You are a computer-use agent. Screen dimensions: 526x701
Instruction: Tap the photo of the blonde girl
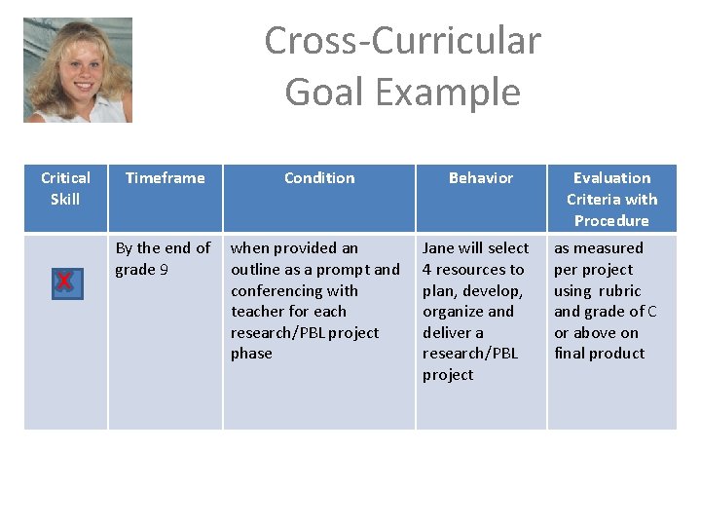(x=78, y=70)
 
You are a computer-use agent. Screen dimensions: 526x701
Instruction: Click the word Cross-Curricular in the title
(x=402, y=41)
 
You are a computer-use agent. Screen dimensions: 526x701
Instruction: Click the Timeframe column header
(x=166, y=178)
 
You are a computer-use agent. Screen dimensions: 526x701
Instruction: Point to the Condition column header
(x=319, y=178)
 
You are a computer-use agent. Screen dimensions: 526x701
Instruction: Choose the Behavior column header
(x=481, y=178)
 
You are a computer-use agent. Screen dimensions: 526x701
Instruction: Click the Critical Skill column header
(x=65, y=188)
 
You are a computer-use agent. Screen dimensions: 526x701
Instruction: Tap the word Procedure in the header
(x=611, y=221)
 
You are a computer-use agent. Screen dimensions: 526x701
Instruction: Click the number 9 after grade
(x=164, y=270)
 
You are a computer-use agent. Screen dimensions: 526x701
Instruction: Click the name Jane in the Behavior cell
(x=440, y=248)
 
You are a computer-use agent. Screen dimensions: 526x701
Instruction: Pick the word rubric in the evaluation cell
(x=620, y=291)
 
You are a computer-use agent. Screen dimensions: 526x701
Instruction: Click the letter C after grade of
(x=651, y=312)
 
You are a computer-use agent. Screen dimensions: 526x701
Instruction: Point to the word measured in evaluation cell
(x=609, y=248)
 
